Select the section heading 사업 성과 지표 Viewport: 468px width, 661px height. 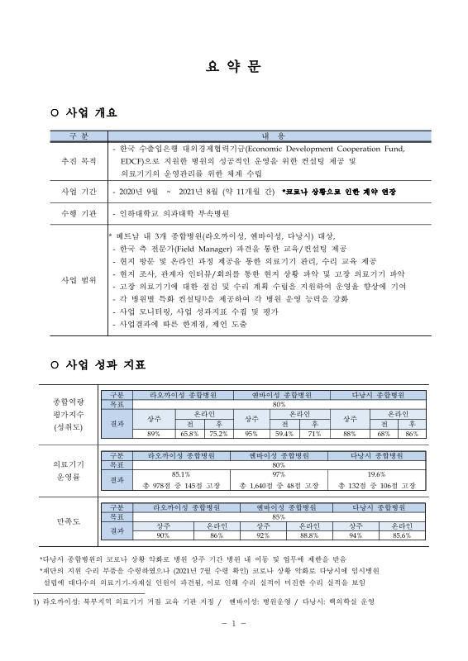coord(102,365)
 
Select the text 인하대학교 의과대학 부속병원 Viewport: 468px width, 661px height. coord(165,213)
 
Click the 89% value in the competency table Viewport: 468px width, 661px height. coord(153,433)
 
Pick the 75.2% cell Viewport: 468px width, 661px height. coord(217,433)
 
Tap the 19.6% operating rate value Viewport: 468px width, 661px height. coord(376,473)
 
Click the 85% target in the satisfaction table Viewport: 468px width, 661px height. coord(279,516)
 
